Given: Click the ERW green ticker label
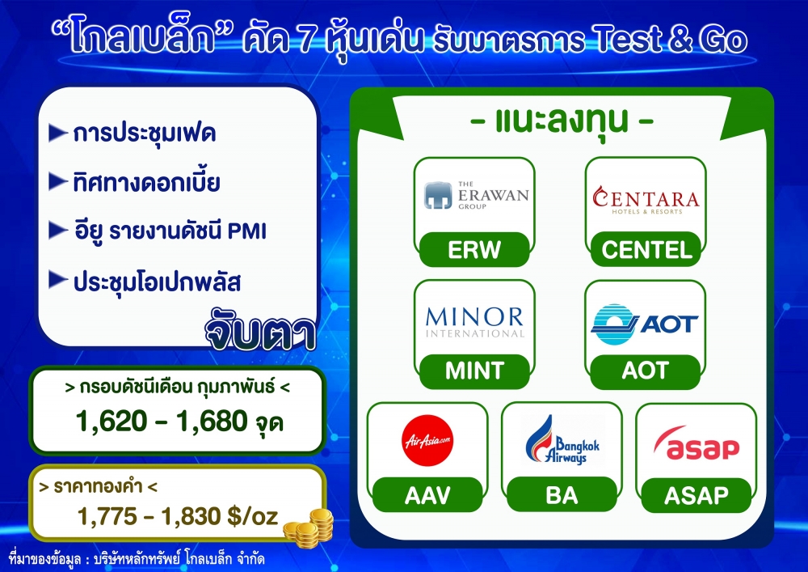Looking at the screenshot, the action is [x=474, y=250].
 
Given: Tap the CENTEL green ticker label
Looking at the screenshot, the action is [x=646, y=250].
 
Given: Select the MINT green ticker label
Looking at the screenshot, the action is [x=474, y=371].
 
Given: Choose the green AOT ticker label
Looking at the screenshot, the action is [x=645, y=371].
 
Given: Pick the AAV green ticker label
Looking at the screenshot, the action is [x=427, y=495].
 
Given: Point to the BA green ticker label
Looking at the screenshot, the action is [x=562, y=495].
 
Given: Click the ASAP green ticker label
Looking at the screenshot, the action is [x=696, y=495].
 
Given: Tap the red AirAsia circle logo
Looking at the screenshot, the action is [x=427, y=440].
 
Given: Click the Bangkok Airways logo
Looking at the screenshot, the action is [x=562, y=440].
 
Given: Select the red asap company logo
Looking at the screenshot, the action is [x=696, y=443].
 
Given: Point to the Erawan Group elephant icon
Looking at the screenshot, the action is [x=438, y=195].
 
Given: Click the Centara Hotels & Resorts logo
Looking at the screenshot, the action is [x=646, y=200].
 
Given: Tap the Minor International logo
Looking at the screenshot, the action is [x=474, y=322].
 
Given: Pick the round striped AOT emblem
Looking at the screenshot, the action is [x=613, y=324].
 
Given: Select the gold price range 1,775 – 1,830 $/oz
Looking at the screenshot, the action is [x=178, y=516].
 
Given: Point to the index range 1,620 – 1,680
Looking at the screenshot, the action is [x=162, y=421].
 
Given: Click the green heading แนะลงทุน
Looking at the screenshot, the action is [x=562, y=121].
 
